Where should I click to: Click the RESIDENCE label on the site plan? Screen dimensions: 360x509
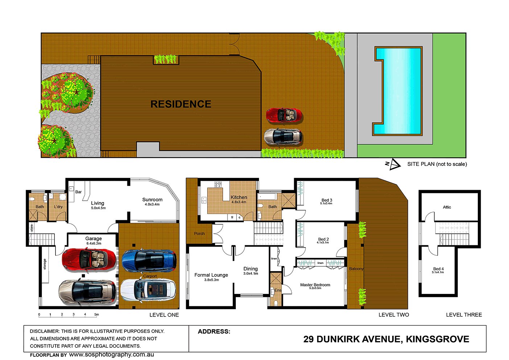point(181,104)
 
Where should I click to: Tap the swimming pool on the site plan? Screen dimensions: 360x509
point(398,91)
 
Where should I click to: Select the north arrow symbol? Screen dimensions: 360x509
point(393,164)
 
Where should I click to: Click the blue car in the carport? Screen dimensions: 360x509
point(149,260)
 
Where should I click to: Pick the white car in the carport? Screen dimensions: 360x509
point(148,290)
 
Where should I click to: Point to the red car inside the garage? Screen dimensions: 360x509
point(89,259)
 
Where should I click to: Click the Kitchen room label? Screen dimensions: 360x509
point(239,197)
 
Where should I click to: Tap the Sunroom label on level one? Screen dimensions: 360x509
point(152,200)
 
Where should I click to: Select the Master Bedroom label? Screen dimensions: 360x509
point(315,285)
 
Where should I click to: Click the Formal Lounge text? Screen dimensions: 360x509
point(211,275)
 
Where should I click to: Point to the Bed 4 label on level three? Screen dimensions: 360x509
point(438,269)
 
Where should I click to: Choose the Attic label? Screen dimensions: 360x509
point(447,207)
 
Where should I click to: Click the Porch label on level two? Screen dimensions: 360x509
point(199,234)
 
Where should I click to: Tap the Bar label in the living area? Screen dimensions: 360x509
point(79,192)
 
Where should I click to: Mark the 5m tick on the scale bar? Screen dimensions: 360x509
point(97,315)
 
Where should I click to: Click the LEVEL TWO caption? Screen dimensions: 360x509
point(394,315)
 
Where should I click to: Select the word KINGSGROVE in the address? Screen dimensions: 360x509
point(437,339)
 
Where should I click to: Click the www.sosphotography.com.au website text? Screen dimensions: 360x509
point(111,355)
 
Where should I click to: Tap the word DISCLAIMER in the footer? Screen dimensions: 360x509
point(44,331)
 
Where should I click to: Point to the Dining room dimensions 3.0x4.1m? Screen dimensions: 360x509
point(251,274)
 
